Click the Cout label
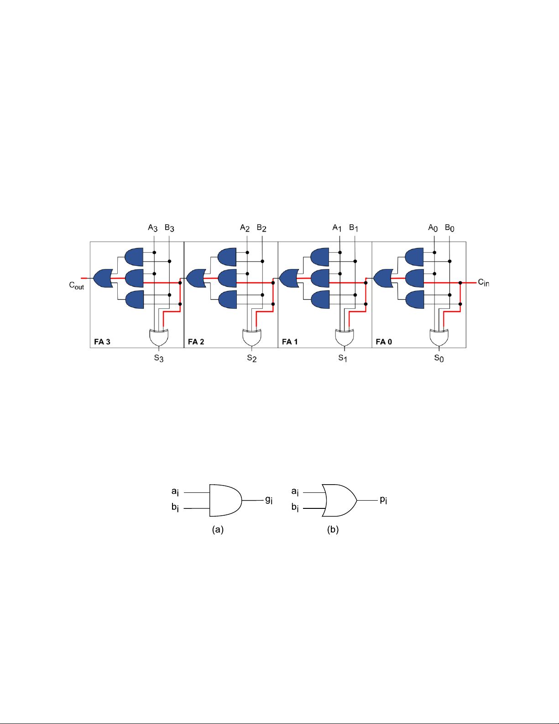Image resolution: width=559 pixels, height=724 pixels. pyautogui.click(x=77, y=286)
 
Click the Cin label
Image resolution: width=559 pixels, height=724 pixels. pyautogui.click(x=483, y=282)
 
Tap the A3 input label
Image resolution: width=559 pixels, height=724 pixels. pyautogui.click(x=153, y=228)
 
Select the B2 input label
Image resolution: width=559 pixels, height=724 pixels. pyautogui.click(x=261, y=228)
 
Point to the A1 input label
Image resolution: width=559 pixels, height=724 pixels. pyautogui.click(x=337, y=228)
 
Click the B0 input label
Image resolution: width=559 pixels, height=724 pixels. pyautogui.click(x=449, y=228)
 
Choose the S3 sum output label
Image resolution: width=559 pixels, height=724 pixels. pyautogui.click(x=159, y=358)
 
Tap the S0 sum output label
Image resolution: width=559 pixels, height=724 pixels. pyautogui.click(x=439, y=358)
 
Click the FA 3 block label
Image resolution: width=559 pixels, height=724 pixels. pyautogui.click(x=102, y=342)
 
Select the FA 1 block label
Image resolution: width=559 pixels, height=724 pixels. pyautogui.click(x=290, y=342)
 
